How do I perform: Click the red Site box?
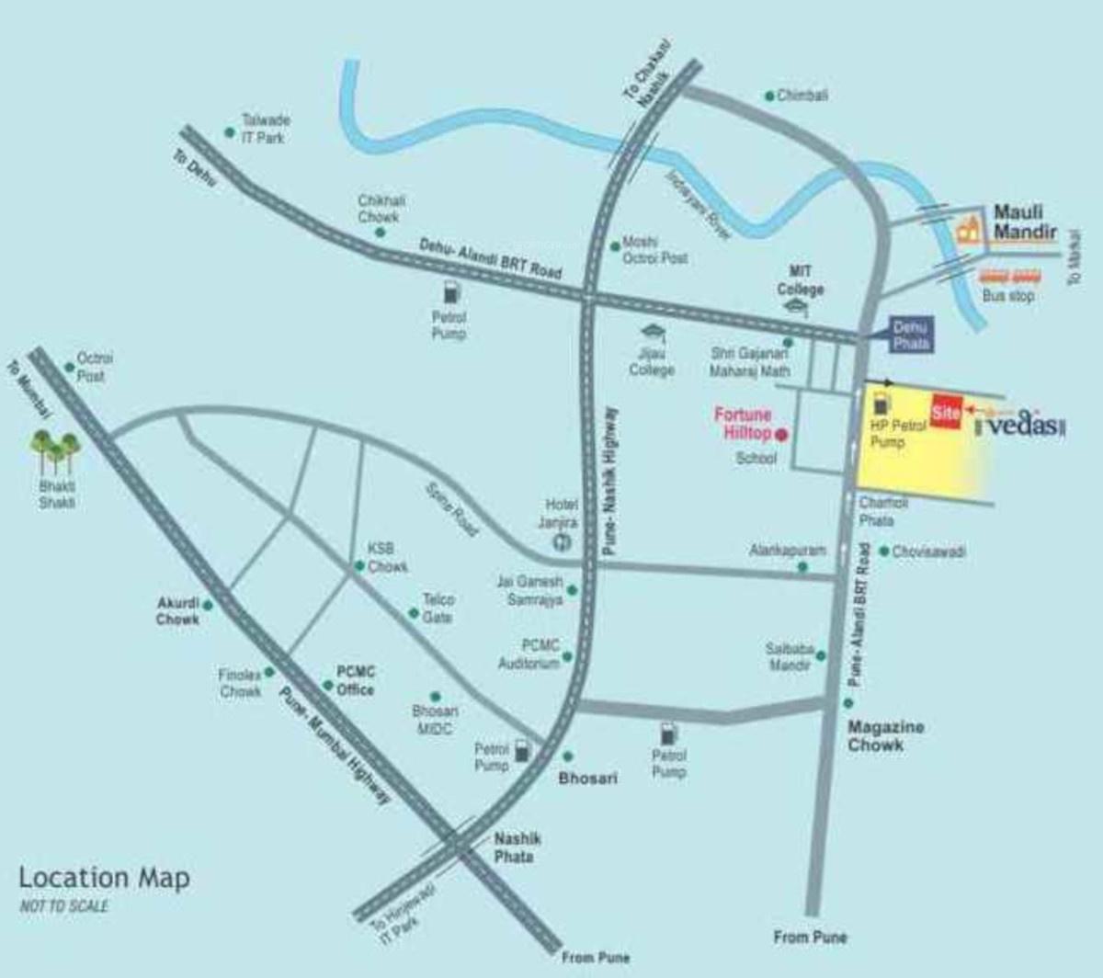point(946,412)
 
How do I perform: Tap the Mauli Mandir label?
point(1025,222)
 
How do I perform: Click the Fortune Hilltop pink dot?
point(781,434)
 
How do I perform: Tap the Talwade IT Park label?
point(265,129)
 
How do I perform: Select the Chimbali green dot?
point(769,96)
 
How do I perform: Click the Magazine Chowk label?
point(885,735)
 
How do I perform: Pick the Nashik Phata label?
point(517,847)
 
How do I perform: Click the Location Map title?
point(104,878)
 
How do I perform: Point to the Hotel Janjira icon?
point(561,542)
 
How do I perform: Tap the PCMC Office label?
point(355,681)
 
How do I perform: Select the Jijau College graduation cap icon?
point(653,332)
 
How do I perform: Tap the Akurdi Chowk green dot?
point(209,605)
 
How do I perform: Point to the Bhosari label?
point(588,778)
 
